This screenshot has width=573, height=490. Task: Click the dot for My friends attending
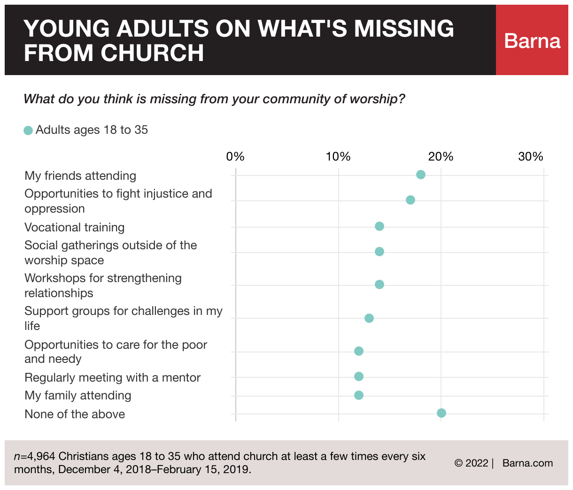tap(421, 175)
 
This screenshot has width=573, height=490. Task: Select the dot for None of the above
tap(441, 413)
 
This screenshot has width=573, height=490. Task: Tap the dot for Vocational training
tap(379, 226)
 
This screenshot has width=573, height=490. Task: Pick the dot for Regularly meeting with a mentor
tap(359, 376)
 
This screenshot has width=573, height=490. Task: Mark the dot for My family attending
tap(359, 395)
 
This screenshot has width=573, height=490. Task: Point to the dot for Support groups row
tap(369, 318)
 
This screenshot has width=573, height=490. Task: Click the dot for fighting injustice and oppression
tap(410, 200)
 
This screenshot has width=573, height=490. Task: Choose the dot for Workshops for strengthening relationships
tap(379, 284)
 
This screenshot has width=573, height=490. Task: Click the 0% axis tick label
tap(235, 157)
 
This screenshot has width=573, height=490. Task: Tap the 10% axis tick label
tap(338, 157)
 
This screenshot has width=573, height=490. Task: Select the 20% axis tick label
tap(441, 157)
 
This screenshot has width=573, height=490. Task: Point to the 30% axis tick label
tap(531, 157)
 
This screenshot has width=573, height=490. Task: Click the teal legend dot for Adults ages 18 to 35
tap(28, 130)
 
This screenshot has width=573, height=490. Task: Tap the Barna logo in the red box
tap(532, 41)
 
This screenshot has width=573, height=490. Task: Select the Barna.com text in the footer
tap(527, 463)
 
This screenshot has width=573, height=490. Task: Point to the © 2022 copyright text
tap(472, 463)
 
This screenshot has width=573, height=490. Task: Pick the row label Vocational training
tap(75, 228)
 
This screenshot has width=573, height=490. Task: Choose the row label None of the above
tap(75, 414)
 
